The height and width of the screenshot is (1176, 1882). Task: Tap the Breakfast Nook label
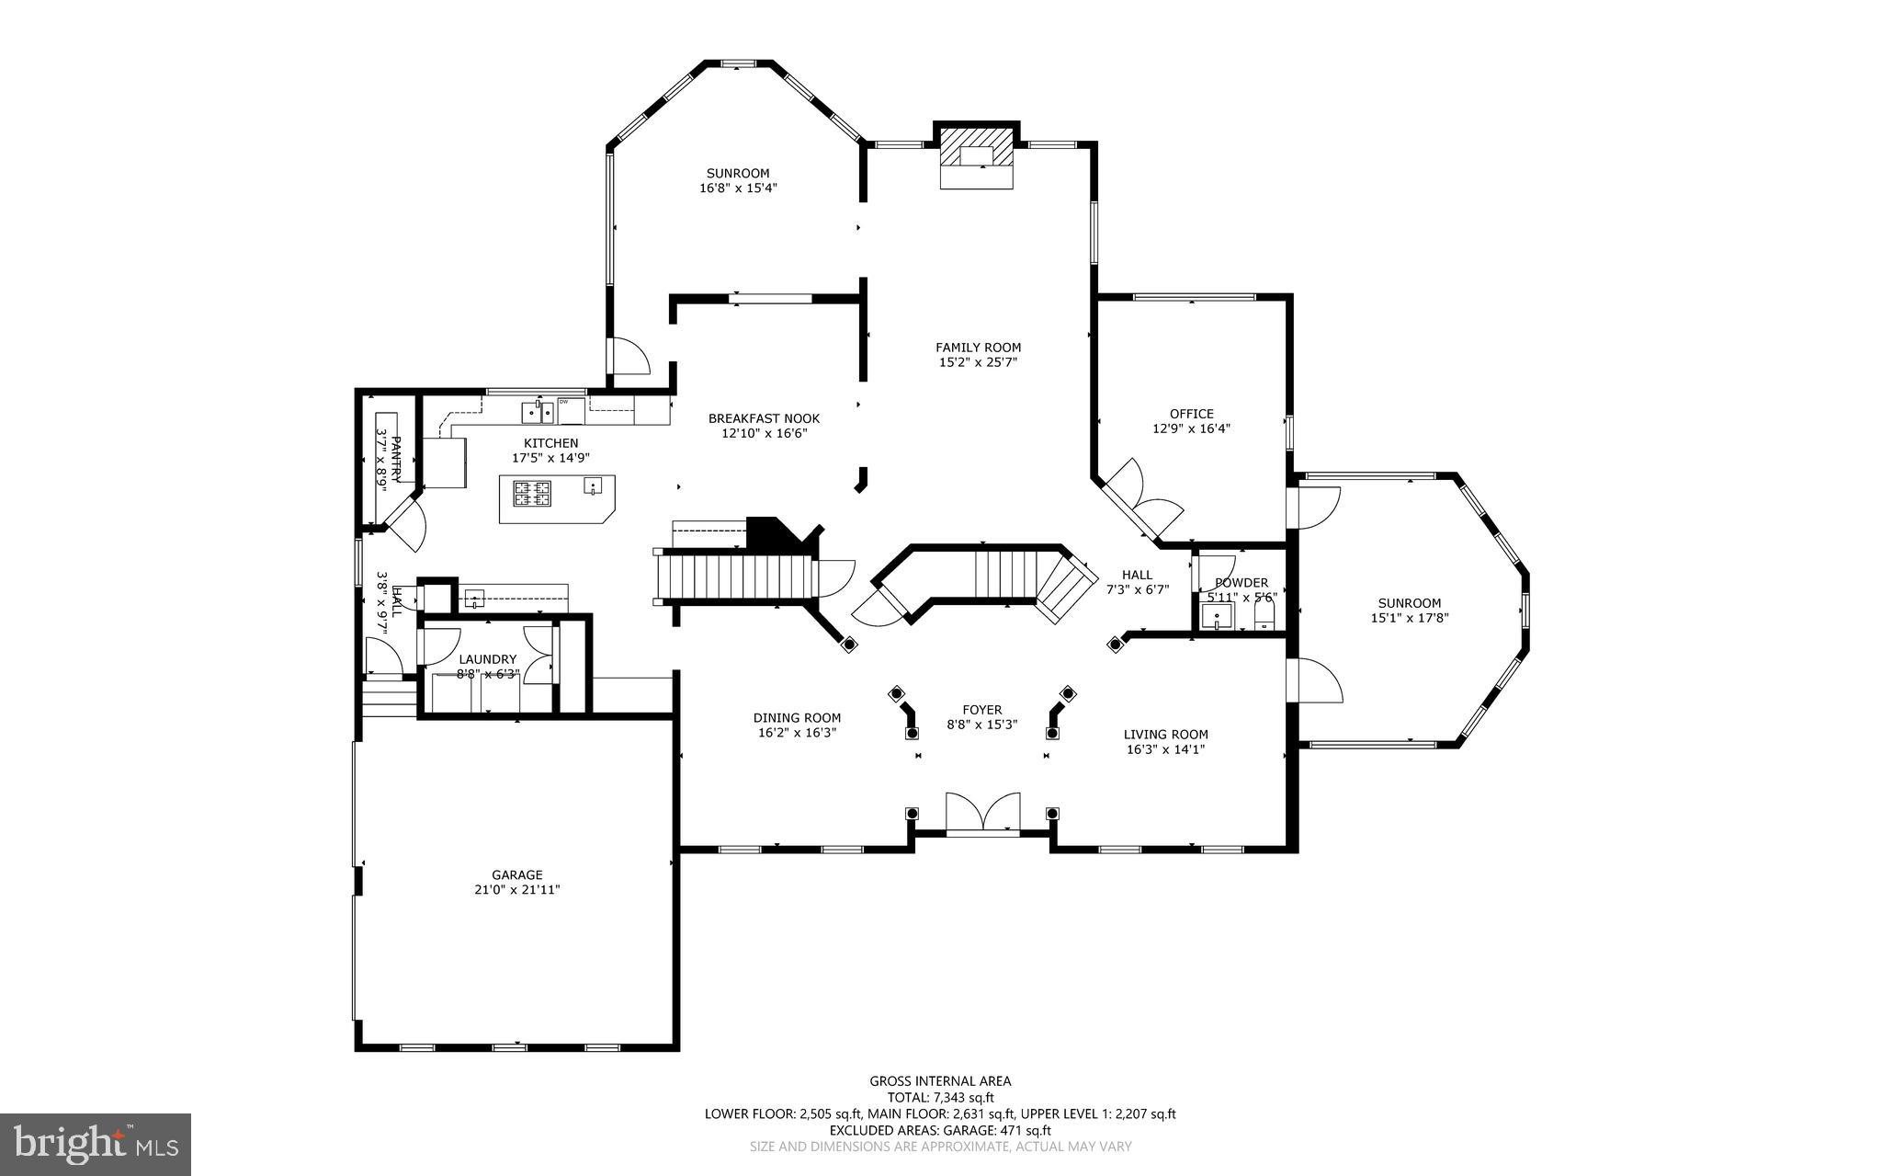[x=764, y=418]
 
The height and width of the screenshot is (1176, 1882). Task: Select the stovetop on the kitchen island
[x=532, y=495]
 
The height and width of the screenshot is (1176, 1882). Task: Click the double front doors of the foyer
[x=982, y=813]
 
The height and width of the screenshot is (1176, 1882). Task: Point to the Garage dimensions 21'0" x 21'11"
[x=516, y=889]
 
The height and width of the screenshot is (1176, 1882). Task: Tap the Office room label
[x=1191, y=414]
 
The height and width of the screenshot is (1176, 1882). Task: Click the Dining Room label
[x=797, y=718]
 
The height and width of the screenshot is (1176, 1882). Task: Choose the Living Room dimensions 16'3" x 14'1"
[x=1165, y=749]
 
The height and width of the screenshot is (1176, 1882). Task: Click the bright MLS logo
[x=96, y=1144]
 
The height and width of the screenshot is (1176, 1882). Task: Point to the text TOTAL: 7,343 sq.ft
[x=940, y=1097]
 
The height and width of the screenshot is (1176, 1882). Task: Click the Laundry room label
[x=488, y=659]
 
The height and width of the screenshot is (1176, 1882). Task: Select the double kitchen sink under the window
[x=537, y=410]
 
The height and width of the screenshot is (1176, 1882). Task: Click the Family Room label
[x=978, y=348]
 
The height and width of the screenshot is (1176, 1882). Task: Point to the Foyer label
[x=981, y=710]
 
